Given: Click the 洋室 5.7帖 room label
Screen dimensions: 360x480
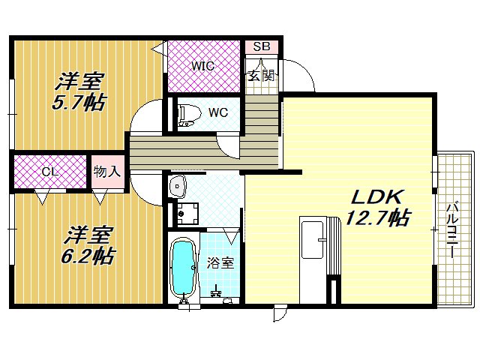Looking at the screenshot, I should point(79,91).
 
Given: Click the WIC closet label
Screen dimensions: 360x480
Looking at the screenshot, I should point(202,65).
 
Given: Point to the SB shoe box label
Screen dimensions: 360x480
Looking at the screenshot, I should point(261,46).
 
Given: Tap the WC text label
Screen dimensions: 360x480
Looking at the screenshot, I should point(218,113).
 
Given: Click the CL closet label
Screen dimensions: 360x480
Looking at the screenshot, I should point(49,172).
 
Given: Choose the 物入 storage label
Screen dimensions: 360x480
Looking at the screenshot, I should point(107,172).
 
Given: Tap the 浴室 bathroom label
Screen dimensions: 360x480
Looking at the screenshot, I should point(220,263).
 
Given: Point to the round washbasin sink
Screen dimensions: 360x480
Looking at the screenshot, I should point(178,187).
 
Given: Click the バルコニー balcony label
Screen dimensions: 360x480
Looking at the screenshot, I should point(452,229).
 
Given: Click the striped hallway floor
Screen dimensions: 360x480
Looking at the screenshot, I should point(202,150).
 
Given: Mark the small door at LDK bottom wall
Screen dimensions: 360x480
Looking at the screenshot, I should point(280,311).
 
